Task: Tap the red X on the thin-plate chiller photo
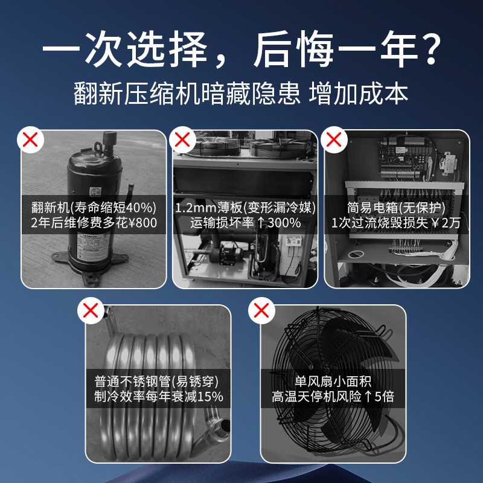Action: click(x=182, y=141)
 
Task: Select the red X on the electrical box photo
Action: click(x=334, y=141)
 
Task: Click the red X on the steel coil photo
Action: click(x=91, y=312)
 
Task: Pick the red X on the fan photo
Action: click(x=261, y=312)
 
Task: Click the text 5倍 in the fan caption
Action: click(x=382, y=397)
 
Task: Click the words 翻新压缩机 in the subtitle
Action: click(x=133, y=94)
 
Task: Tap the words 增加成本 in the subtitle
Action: click(x=359, y=94)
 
